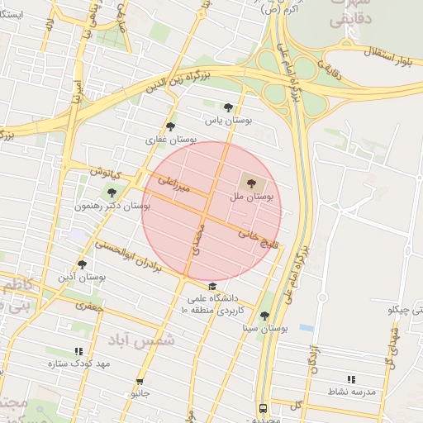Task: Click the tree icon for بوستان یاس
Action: tap(228, 107)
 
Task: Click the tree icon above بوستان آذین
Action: tap(82, 264)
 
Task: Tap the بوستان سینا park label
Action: tap(260, 328)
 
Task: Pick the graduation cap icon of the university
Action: tap(212, 286)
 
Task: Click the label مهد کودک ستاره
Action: tap(79, 364)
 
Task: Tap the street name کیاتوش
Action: tap(106, 173)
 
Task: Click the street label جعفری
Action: tap(86, 306)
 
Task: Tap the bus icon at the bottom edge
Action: tap(263, 408)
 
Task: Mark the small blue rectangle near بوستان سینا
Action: tap(307, 327)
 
